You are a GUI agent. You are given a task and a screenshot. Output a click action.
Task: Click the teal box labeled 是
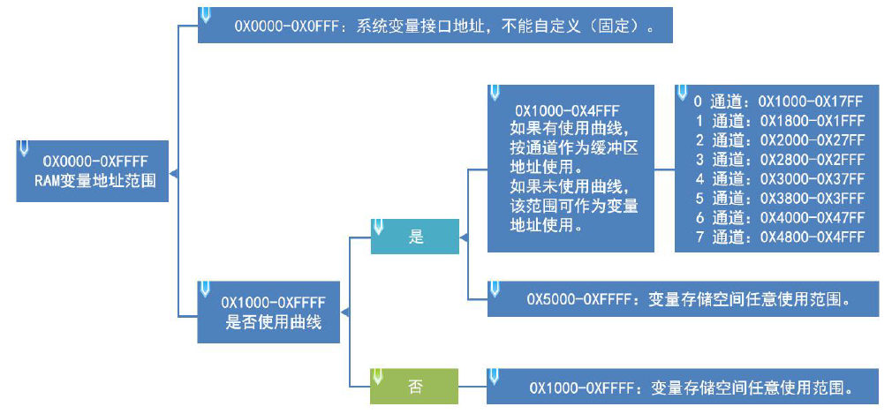415,237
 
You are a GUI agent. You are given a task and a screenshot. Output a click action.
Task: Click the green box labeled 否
415,386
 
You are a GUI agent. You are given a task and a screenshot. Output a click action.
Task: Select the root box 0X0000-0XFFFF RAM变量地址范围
94,170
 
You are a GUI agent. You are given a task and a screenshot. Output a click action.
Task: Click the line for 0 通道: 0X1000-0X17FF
777,102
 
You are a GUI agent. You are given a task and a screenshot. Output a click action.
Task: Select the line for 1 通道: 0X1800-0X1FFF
777,121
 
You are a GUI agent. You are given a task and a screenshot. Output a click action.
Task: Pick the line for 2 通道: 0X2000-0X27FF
777,140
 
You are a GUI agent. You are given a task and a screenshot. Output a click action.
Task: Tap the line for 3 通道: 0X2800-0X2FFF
777,160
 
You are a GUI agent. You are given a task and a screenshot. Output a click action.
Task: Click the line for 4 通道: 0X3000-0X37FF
777,179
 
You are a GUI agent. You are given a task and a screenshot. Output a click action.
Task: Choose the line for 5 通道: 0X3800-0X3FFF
777,199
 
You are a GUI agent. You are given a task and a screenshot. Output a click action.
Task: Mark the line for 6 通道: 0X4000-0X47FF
777,218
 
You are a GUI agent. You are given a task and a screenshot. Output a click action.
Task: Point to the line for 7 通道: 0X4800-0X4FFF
777,237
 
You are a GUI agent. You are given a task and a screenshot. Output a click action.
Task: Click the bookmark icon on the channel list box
682,92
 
